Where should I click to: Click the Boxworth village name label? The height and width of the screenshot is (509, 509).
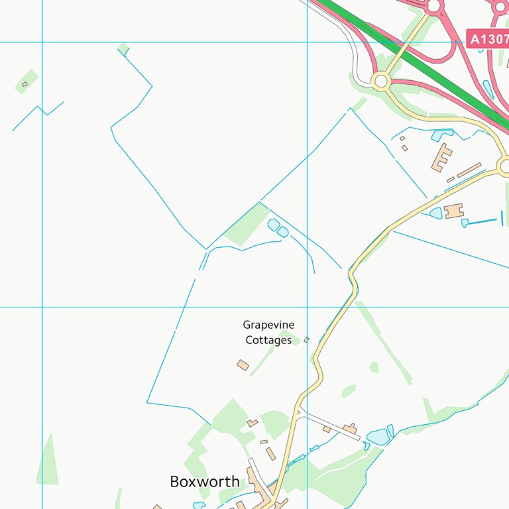pos(205,482)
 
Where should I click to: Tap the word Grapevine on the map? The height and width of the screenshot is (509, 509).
pos(268,325)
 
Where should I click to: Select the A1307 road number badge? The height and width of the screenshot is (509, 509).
pos(488,39)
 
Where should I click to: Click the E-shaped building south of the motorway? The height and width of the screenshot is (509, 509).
pos(441,158)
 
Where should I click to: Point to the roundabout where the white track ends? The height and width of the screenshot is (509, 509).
pos(380,82)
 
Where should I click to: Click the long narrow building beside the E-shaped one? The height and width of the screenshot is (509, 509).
pos(469,170)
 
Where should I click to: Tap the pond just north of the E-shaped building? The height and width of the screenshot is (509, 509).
pos(442,136)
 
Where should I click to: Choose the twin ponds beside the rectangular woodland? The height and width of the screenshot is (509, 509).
pos(278,227)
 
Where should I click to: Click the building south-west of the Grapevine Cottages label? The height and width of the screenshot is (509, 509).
pos(243,365)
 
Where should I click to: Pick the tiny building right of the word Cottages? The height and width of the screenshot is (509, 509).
pos(306,340)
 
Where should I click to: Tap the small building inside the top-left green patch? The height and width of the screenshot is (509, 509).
pos(25,84)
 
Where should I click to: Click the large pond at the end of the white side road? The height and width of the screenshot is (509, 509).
pos(378,437)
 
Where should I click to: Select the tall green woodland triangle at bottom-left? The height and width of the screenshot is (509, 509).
pos(48,461)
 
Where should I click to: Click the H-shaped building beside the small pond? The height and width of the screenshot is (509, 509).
pos(454,211)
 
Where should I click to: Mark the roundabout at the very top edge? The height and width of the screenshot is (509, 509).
pos(434,7)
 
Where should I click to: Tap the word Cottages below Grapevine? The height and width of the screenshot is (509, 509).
pos(268,340)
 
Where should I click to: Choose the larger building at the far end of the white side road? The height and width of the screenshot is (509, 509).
pos(349,429)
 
